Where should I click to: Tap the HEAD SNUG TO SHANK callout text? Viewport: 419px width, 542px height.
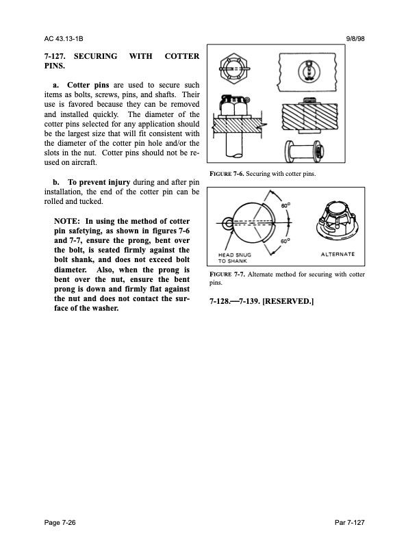point(236,258)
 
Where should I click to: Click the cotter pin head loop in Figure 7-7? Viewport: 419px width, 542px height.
point(225,221)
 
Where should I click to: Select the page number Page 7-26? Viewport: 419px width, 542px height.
point(61,523)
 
